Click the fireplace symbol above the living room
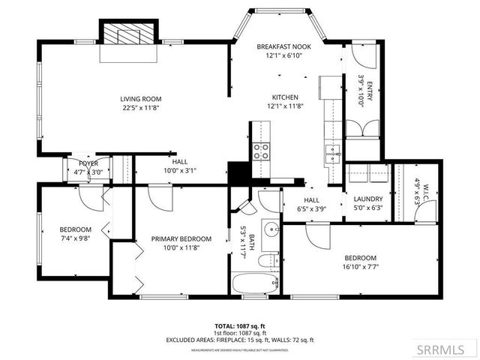point(129,34)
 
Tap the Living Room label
point(141,99)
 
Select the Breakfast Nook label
point(279,47)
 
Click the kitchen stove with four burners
point(261,151)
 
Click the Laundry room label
point(367,199)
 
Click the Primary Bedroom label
point(181,239)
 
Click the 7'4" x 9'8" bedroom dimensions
point(75,238)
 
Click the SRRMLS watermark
point(447,349)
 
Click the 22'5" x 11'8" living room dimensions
point(141,108)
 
